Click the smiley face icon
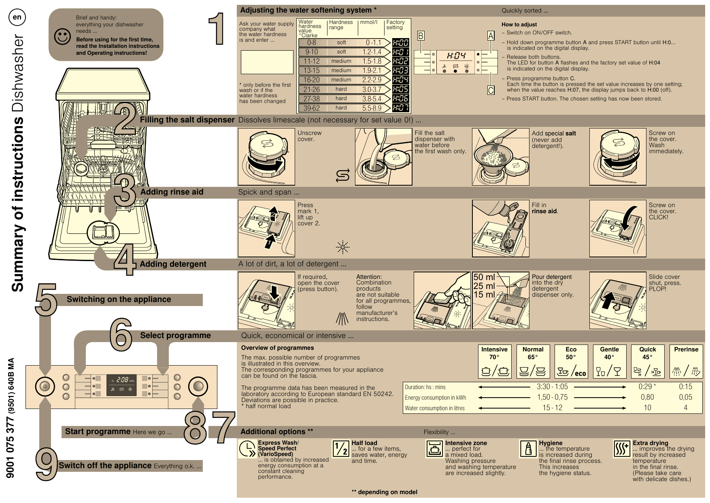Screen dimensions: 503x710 tap(62, 36)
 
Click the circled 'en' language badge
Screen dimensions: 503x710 tap(17, 17)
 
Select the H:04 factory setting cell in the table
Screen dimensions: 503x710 tap(400, 80)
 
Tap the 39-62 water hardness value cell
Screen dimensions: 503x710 tap(312, 108)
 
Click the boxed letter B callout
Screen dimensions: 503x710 tap(421, 36)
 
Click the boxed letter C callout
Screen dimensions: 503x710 tap(491, 90)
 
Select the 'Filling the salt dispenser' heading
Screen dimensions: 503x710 tap(187, 120)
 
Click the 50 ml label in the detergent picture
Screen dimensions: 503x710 tap(484, 277)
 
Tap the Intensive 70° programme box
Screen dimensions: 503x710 tap(494, 361)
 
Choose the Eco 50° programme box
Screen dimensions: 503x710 tap(571, 361)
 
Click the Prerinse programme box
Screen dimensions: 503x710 tap(686, 361)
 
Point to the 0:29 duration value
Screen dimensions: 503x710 tap(646, 387)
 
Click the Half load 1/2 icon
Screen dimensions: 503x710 tap(340, 449)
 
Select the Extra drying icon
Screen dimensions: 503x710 tap(622, 449)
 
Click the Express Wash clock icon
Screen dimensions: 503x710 tap(247, 449)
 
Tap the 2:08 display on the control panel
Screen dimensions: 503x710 tap(122, 380)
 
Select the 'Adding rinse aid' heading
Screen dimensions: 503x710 tap(172, 192)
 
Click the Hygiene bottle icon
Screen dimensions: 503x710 tap(528, 449)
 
